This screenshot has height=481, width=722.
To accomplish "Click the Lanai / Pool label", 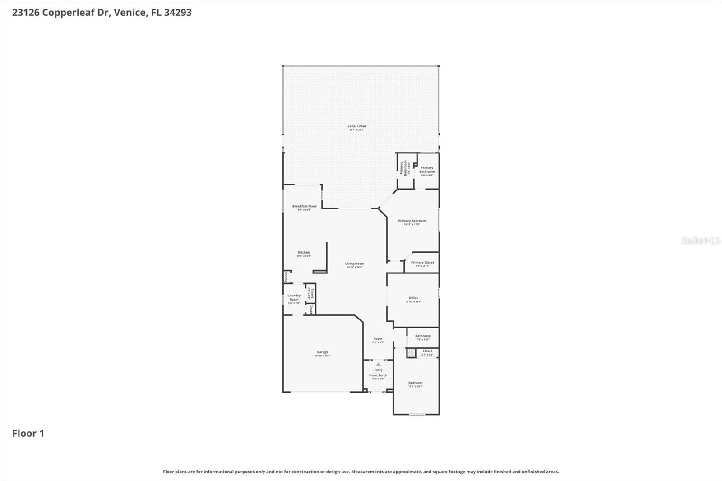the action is [356, 126].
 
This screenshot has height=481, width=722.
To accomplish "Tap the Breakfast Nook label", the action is [304, 206].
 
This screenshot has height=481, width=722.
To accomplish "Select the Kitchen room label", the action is [304, 253].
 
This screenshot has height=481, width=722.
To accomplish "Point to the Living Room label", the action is [354, 264].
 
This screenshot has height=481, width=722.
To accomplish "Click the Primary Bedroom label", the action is [412, 221].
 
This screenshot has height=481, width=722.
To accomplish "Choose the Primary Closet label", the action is [422, 263].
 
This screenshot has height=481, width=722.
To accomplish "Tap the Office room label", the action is [413, 298].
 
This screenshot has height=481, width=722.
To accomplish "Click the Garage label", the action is [322, 352].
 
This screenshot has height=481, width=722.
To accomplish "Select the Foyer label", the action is [378, 339].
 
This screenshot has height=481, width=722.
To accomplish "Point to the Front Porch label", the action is [378, 375].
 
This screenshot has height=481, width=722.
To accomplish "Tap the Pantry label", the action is [286, 277].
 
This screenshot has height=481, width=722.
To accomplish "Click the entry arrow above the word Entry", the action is [378, 365].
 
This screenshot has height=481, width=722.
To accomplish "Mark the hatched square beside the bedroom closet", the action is [411, 353].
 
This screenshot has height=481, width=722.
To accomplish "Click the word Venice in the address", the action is [130, 13].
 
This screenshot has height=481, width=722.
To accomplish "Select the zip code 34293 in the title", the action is [178, 13].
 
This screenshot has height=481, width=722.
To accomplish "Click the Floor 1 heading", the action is [28, 434].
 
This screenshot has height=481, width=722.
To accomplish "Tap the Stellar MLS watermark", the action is [700, 240].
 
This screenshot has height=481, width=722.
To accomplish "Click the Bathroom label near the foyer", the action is [423, 336].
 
